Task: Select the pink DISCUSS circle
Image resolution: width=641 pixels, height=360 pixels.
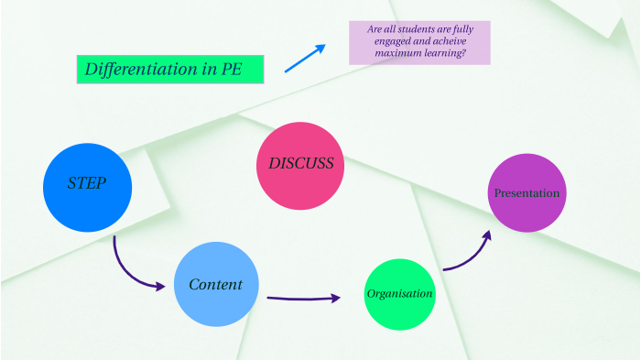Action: point(300,165)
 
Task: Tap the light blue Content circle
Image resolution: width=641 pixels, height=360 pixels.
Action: point(216,284)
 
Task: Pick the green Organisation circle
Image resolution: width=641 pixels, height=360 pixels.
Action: point(399,295)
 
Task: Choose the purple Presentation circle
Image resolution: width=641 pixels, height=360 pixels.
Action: point(527,193)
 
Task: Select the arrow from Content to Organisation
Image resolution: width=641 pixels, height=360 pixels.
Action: point(302,298)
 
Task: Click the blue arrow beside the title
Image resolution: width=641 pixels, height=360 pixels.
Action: point(304,58)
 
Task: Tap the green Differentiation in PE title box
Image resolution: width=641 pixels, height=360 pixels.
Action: point(170,70)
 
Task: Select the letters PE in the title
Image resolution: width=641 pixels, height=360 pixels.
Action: point(232,70)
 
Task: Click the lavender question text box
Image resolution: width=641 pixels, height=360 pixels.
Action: point(419,42)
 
